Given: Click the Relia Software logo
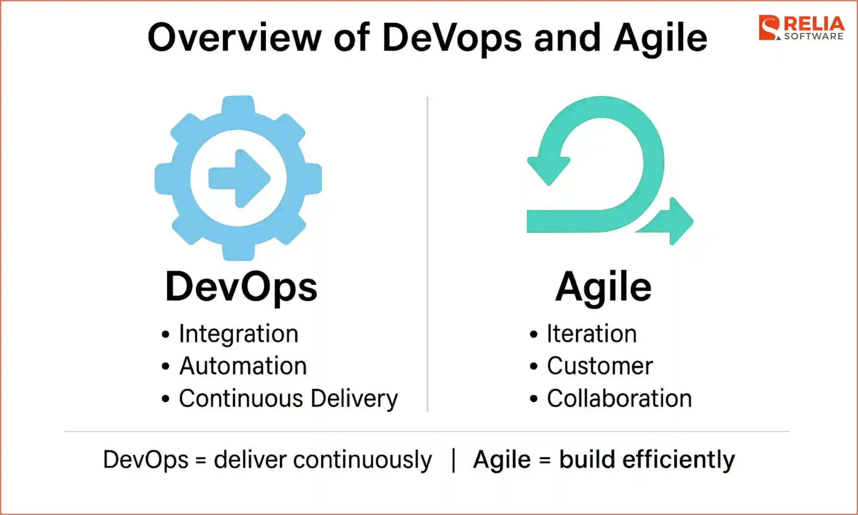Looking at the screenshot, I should tap(801, 28).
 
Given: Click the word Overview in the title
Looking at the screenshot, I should tap(234, 38).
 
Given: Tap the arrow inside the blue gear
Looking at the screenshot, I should tap(239, 178).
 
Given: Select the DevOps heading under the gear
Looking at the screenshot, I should tap(241, 287).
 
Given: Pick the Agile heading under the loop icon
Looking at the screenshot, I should tap(603, 287).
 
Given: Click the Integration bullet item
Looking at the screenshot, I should tap(239, 334).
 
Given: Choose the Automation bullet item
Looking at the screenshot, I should tap(243, 366).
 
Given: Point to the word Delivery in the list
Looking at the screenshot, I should tap(354, 399).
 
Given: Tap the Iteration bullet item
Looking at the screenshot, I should tap(592, 334).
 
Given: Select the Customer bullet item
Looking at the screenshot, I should tap(600, 366).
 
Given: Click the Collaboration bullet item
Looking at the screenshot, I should tap(619, 399).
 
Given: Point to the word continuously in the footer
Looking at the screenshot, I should tap(363, 460).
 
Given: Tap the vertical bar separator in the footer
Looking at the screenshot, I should tap(453, 460).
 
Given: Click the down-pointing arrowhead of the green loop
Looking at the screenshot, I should tap(548, 170).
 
